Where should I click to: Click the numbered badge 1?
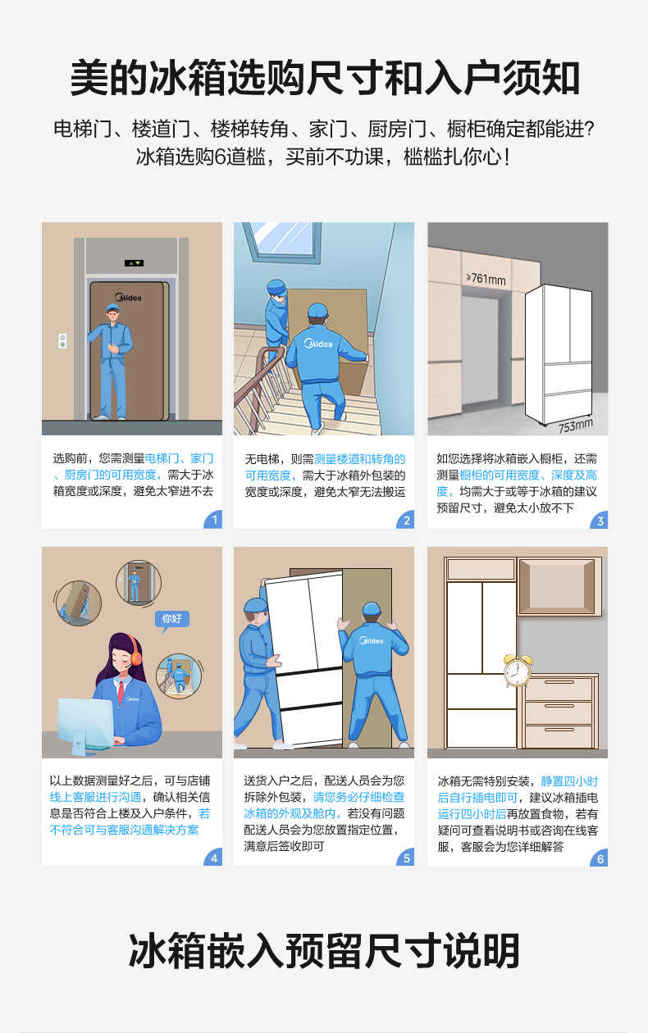click(x=214, y=521)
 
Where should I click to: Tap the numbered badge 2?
click(x=406, y=521)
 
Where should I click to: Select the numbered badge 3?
click(x=600, y=521)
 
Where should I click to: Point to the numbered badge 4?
click(x=214, y=858)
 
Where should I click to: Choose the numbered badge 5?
click(x=406, y=858)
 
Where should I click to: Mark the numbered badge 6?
click(x=600, y=858)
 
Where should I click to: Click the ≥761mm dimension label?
click(x=486, y=279)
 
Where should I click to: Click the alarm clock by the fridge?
click(x=517, y=670)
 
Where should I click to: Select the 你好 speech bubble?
click(x=172, y=619)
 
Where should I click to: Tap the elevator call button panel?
click(x=62, y=340)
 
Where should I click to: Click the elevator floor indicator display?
click(x=134, y=263)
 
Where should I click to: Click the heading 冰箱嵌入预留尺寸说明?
click(x=324, y=951)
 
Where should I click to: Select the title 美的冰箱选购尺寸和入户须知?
click(x=324, y=79)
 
